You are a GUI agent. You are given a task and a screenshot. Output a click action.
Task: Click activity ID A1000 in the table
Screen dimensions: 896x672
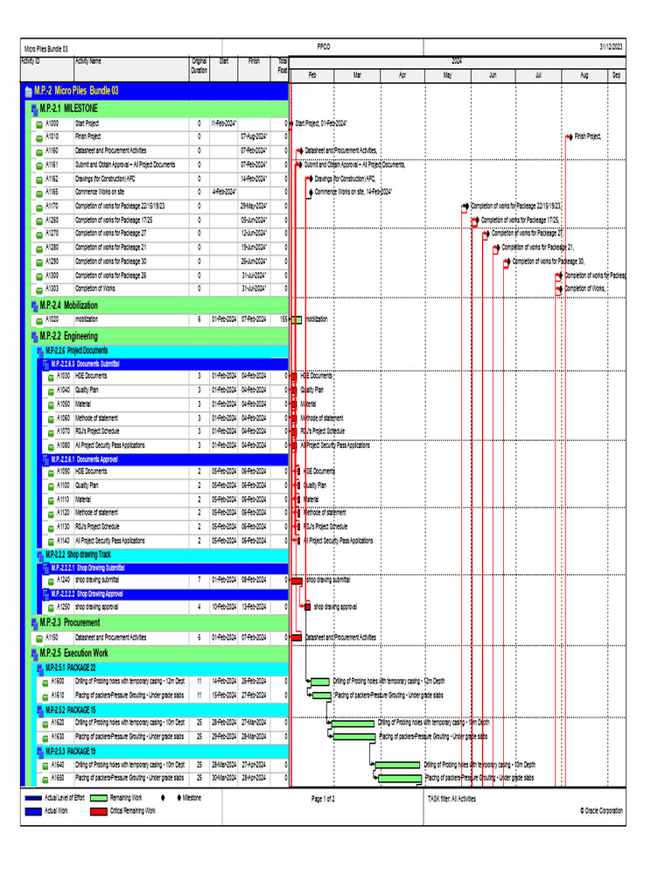[x=52, y=123]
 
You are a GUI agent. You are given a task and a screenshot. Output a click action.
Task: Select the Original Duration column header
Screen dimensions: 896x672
[x=199, y=65]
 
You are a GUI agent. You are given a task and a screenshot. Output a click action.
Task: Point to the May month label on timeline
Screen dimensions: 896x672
[x=447, y=75]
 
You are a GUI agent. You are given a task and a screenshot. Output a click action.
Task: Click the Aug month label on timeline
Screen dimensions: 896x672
[x=584, y=75]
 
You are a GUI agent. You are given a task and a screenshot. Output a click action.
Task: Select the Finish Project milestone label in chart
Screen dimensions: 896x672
[x=587, y=136]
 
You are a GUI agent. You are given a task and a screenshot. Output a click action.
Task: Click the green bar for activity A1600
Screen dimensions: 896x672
[x=320, y=681]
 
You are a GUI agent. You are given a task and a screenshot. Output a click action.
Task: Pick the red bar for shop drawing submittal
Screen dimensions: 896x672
[x=296, y=579]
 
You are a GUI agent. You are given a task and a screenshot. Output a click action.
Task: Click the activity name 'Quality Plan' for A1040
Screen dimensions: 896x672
[x=87, y=390]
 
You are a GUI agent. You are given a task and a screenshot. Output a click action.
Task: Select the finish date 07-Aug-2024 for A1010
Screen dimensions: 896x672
[x=254, y=136]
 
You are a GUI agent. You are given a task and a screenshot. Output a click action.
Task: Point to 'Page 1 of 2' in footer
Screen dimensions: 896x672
[x=323, y=798]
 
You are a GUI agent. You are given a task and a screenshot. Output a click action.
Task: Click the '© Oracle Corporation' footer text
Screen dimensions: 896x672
[x=601, y=811]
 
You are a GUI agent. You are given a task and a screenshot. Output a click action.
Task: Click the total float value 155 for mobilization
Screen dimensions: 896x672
[x=283, y=319]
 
